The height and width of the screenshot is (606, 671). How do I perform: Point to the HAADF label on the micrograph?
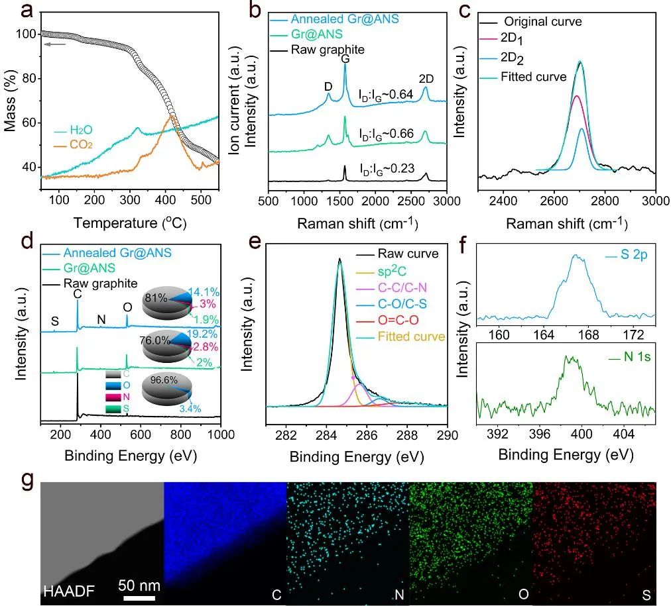(62, 590)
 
